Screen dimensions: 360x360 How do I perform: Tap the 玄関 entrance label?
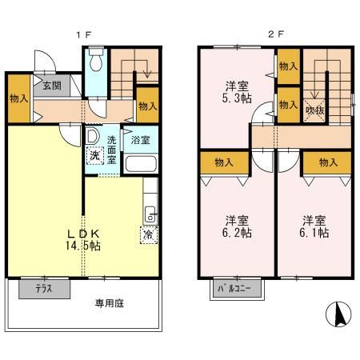pyautogui.click(x=51, y=86)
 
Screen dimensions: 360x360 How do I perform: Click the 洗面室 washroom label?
pyautogui.click(x=113, y=150)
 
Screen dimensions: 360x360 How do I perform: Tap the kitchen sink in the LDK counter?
pyautogui.click(x=149, y=214)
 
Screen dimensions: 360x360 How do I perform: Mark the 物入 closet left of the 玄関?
pyautogui.click(x=19, y=98)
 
